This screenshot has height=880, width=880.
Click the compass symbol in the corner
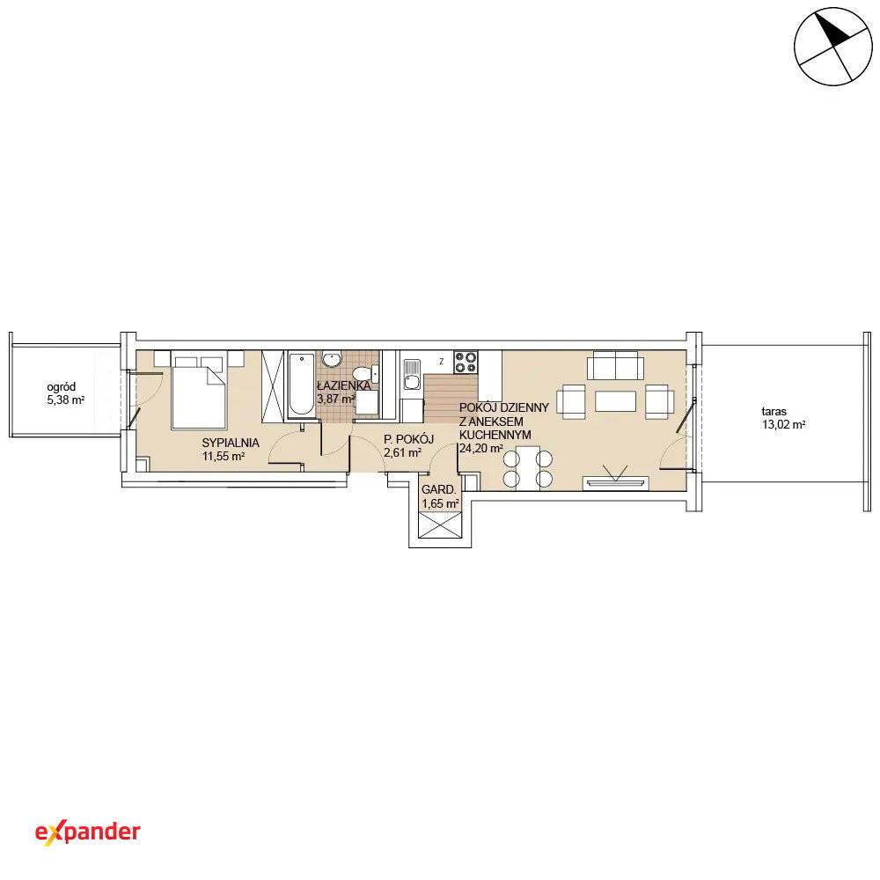click(x=833, y=47)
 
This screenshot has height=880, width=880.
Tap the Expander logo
click(x=87, y=832)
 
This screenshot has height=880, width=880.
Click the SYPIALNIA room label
click(x=231, y=443)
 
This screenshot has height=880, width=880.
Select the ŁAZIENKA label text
click(x=343, y=385)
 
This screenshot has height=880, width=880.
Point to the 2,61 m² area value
click(x=402, y=453)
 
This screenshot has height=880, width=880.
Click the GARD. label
click(x=439, y=489)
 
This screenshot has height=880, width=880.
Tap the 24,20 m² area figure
click(x=481, y=449)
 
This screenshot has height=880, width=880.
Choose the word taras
click(x=774, y=411)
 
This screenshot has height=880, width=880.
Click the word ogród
click(x=62, y=387)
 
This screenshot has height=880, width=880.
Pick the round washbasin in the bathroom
click(x=333, y=359)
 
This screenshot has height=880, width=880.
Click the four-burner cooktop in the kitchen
click(x=466, y=362)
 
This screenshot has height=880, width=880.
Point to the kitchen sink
click(x=412, y=375)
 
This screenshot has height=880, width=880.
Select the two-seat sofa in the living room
click(x=616, y=365)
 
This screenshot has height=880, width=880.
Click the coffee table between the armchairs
click(x=616, y=401)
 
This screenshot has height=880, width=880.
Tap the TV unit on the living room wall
click(x=616, y=482)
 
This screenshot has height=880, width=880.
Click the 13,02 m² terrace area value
click(x=783, y=425)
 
